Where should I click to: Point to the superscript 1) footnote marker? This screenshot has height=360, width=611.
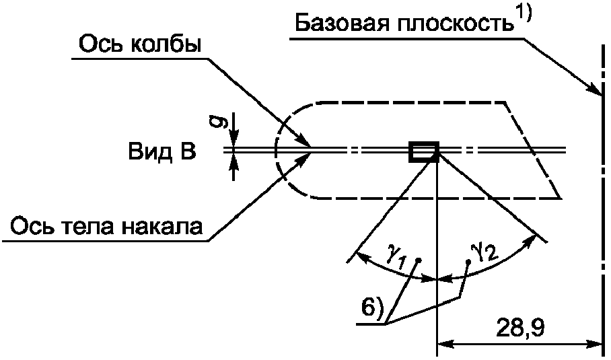pyautogui.click(x=524, y=15)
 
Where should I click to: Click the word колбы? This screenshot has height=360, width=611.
pyautogui.click(x=164, y=44)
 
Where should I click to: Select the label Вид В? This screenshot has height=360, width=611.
pyautogui.click(x=162, y=152)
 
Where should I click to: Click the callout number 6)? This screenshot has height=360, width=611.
pyautogui.click(x=373, y=308)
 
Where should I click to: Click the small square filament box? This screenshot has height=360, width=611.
pyautogui.click(x=423, y=152)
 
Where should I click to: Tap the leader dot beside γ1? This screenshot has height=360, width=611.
pyautogui.click(x=419, y=260)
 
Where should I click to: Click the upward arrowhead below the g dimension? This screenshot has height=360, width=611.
pyautogui.click(x=233, y=161)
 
